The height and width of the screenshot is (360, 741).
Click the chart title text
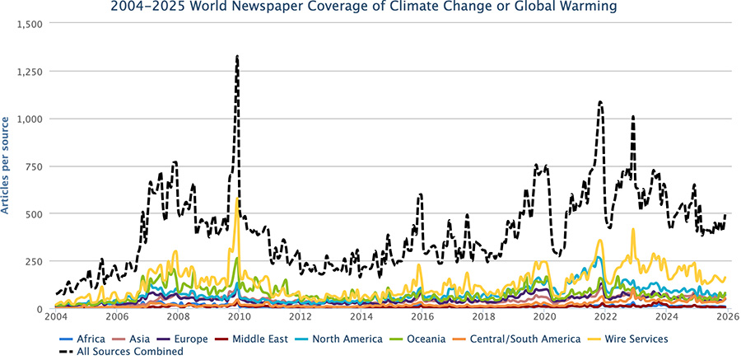click(x=370, y=8)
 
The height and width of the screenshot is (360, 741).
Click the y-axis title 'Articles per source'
click(x=7, y=166)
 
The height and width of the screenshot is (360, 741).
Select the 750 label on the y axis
click(x=35, y=166)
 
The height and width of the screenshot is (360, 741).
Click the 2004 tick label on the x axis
click(x=56, y=316)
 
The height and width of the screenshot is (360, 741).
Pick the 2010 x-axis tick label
click(x=239, y=316)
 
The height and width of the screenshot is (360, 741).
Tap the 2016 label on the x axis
click(x=422, y=316)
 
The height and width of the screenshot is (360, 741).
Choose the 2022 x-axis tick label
click(x=605, y=316)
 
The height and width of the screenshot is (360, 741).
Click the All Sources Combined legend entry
click(x=123, y=352)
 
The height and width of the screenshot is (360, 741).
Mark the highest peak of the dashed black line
click(x=237, y=56)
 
